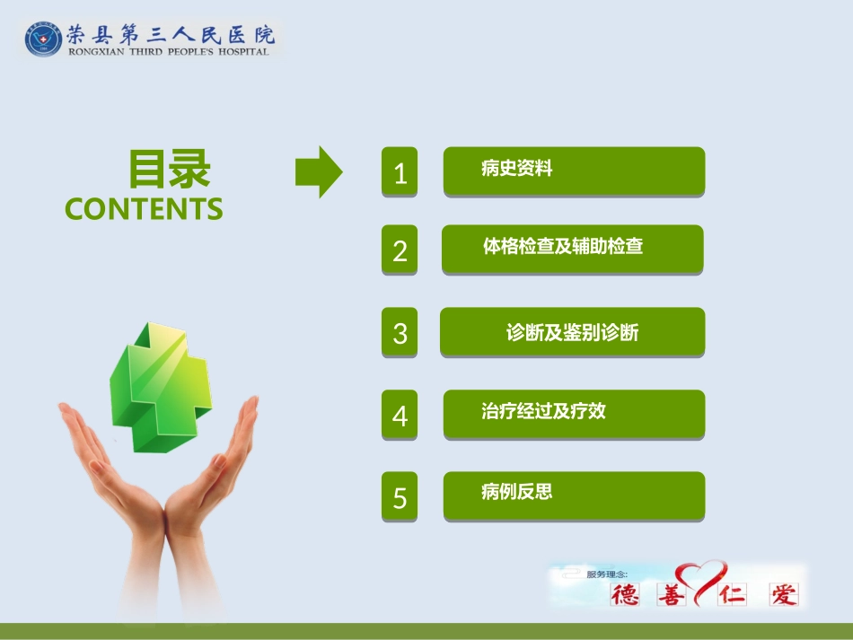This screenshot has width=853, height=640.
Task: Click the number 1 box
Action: [x=400, y=171]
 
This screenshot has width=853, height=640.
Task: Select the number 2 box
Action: [x=400, y=250]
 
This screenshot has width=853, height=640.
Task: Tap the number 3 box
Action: [x=400, y=332]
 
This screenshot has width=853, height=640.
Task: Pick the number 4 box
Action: [x=400, y=415]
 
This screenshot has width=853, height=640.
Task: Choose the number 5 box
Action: [x=400, y=496]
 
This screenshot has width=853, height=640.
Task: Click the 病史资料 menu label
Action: [x=517, y=168]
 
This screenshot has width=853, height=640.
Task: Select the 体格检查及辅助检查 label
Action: [x=563, y=246]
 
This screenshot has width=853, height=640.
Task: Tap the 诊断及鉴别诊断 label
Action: [x=572, y=332]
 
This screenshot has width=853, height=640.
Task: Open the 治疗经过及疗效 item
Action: [x=544, y=411]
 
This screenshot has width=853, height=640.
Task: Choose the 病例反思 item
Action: [x=517, y=491]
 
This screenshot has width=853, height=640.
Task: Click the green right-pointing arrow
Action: [x=319, y=171]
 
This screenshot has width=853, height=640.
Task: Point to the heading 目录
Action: [x=170, y=169]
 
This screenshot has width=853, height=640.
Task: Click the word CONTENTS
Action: [x=144, y=209]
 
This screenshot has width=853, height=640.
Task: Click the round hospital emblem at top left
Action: [x=43, y=39]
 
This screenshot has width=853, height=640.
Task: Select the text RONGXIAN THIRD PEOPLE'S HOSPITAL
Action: [x=168, y=52]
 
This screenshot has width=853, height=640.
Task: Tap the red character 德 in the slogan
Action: [x=627, y=594]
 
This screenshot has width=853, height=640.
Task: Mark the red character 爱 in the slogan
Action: [x=783, y=594]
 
